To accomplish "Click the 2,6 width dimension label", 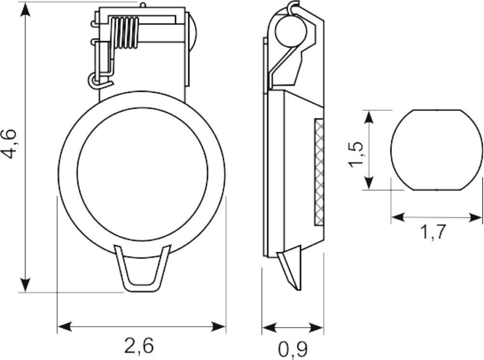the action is pos(139,346).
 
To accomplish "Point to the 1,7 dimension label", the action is pos(433,232).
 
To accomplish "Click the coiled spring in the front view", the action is pos(125,33).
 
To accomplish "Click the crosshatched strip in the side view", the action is pos(319,172).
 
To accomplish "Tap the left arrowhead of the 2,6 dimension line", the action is pos(65,327).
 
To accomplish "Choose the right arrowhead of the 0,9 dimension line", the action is pos(316,328).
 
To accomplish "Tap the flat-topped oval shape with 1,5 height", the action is pos(436,150).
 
